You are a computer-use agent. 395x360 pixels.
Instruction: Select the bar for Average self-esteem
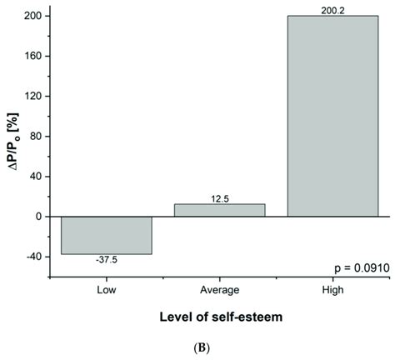pyautogui.click(x=219, y=210)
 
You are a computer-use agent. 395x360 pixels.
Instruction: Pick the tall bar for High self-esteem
pyautogui.click(x=332, y=117)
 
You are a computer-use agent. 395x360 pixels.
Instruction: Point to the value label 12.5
pyautogui.click(x=219, y=197)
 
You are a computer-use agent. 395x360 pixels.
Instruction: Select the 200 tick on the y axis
pyautogui.click(x=39, y=17)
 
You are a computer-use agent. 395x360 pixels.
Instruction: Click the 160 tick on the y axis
pyautogui.click(x=39, y=57)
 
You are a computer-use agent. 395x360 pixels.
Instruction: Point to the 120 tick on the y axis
pyautogui.click(x=39, y=97)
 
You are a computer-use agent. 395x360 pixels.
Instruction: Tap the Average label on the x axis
pyautogui.click(x=219, y=289)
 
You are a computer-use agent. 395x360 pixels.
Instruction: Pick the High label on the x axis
pyautogui.click(x=332, y=289)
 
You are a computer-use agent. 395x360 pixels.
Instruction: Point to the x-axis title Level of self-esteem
pyautogui.click(x=219, y=317)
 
